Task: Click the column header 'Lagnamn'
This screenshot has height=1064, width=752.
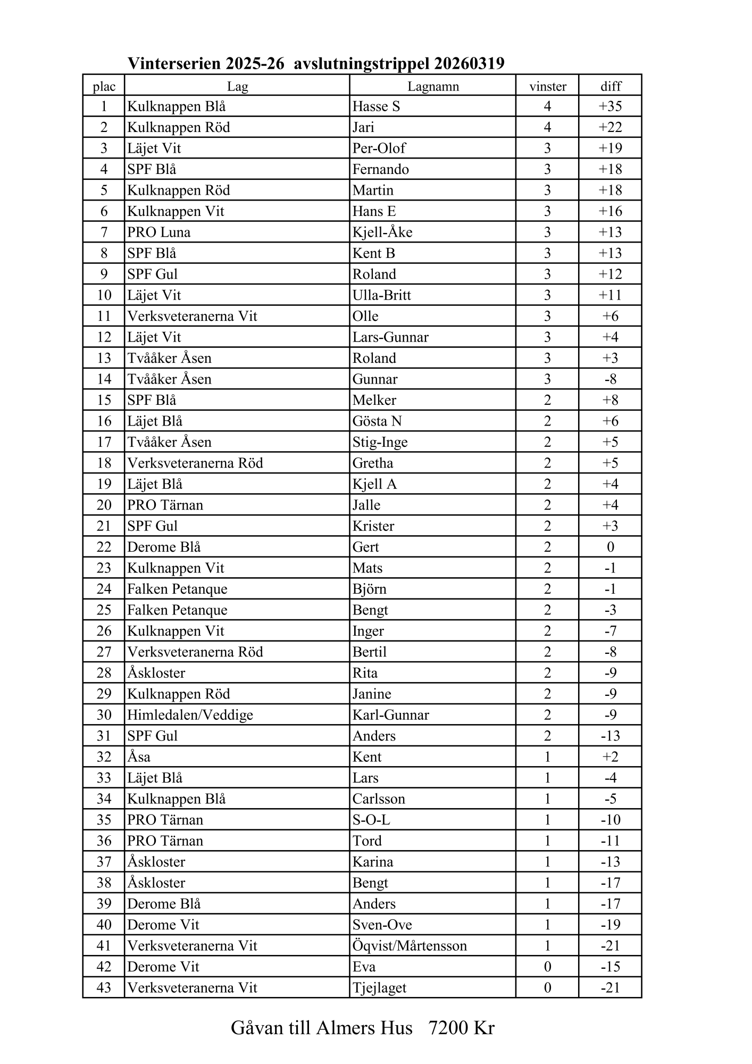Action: click(x=433, y=86)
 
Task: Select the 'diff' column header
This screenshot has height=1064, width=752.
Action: click(x=611, y=86)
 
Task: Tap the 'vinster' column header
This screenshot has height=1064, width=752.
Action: click(x=547, y=86)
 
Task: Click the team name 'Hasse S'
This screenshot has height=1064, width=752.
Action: click(x=376, y=106)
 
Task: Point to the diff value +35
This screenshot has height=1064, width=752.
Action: click(x=610, y=106)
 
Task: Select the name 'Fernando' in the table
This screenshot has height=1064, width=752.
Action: click(x=380, y=169)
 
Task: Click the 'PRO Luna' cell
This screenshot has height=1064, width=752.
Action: click(x=158, y=232)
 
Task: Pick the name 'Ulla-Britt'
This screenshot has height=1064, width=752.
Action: click(x=381, y=295)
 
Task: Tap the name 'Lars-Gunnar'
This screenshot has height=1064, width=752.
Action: click(x=390, y=337)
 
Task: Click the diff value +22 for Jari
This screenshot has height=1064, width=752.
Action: click(x=610, y=127)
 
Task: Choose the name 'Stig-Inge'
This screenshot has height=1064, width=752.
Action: click(x=380, y=442)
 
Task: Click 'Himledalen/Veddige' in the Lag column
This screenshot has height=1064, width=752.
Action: click(x=190, y=715)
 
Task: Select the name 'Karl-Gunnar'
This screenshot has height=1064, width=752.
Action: click(x=390, y=715)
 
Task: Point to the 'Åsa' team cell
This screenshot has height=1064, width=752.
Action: click(x=139, y=757)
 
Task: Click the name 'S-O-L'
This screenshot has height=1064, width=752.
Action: click(x=371, y=820)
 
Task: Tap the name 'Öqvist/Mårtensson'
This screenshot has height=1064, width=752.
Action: click(x=410, y=946)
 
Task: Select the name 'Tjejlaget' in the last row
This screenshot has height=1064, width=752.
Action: click(x=379, y=988)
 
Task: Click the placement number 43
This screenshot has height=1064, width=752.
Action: click(x=104, y=988)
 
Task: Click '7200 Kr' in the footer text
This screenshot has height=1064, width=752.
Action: click(x=461, y=1028)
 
